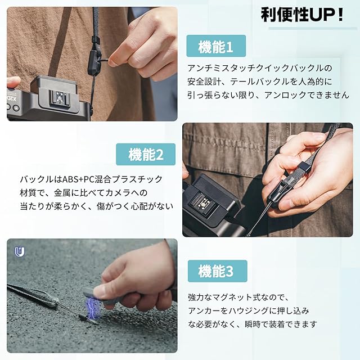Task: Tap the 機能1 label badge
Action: point(216,46)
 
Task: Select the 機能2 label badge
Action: point(146,154)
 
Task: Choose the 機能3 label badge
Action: point(218,271)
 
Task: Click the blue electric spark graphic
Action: point(92,308)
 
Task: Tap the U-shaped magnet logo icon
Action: point(20,252)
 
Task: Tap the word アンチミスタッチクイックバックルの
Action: point(260,68)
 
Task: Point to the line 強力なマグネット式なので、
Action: point(238,298)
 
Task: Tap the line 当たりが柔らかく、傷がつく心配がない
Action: point(96,206)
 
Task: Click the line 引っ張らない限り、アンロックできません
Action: point(268,95)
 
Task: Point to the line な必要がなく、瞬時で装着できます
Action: point(253,324)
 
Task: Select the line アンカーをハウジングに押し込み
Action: point(249,311)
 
